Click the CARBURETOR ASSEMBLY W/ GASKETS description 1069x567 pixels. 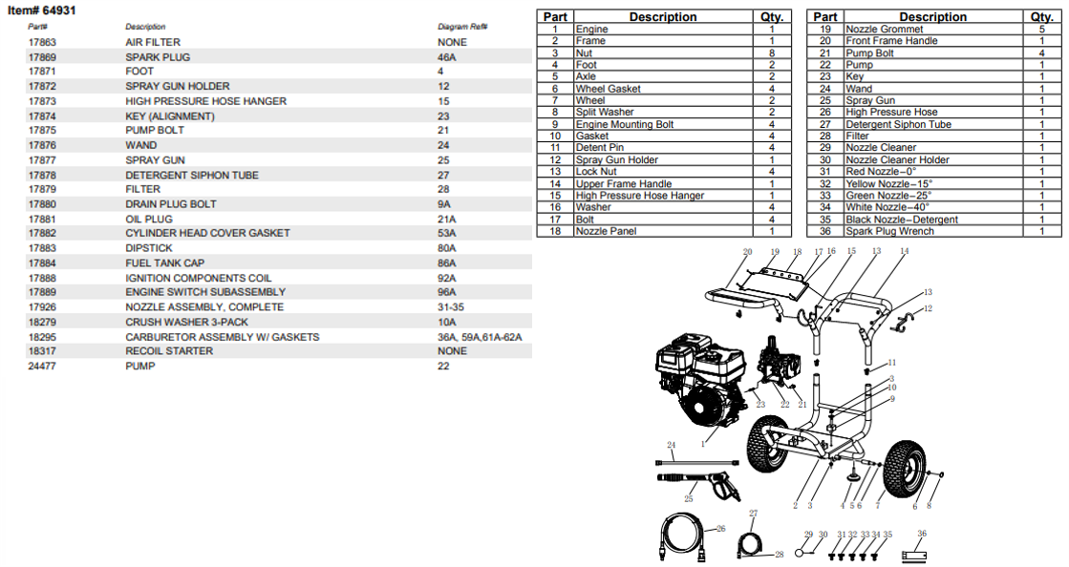(x=223, y=337)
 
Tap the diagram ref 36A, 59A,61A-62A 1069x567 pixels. (x=480, y=337)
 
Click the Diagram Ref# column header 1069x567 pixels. (x=462, y=27)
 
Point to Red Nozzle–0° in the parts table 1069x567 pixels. (x=881, y=172)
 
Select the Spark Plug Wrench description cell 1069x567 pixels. (x=889, y=231)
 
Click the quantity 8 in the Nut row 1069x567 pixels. (x=772, y=53)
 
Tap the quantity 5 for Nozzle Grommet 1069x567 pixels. (x=1041, y=30)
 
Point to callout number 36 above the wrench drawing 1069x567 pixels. (x=921, y=533)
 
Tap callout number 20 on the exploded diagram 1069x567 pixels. (x=747, y=252)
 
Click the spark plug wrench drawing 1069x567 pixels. (x=915, y=553)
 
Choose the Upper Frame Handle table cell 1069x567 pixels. (x=624, y=183)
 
